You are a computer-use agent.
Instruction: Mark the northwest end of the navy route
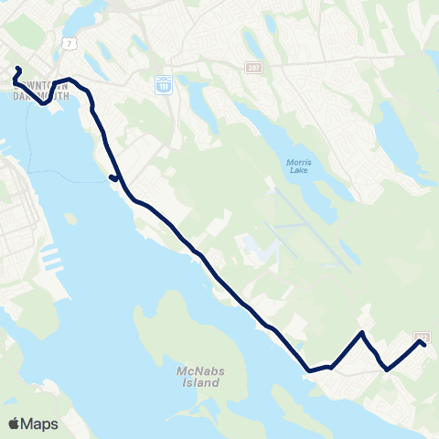point(17,69)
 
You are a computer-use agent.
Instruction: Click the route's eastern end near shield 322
point(425,345)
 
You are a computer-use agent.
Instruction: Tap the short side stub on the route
point(111,177)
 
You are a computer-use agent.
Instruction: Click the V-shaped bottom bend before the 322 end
point(388,369)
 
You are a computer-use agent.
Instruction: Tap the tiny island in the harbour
point(70,218)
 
